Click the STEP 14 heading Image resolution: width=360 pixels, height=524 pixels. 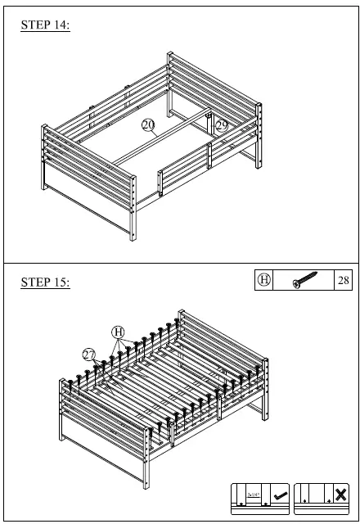tap(46, 25)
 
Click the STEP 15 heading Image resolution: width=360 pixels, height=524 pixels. tap(46, 282)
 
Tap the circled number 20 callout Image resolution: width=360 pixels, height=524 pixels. tap(148, 124)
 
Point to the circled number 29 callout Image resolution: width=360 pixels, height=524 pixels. tap(222, 125)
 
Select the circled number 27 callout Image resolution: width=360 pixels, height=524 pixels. tap(89, 353)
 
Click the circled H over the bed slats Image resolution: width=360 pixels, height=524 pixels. tap(119, 332)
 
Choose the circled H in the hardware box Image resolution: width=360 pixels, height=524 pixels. tap(264, 280)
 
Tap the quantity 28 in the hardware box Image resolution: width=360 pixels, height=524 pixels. tap(344, 280)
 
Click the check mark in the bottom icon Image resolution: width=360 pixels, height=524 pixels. tap(278, 494)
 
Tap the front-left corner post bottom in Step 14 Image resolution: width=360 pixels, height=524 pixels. tap(131, 238)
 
